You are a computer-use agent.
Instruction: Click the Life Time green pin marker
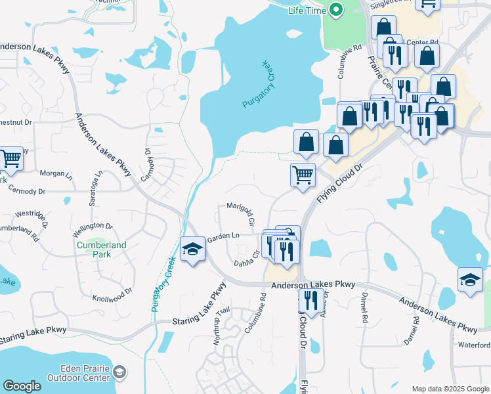pos(336,11)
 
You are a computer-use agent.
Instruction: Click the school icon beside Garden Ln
pos(192,250)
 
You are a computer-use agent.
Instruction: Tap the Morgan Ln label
pos(56,175)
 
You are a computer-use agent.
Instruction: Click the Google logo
pos(22,386)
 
